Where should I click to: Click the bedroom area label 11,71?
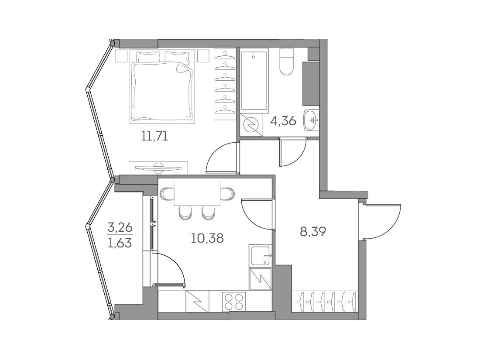154,136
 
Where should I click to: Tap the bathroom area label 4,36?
283,121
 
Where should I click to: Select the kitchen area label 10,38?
207,238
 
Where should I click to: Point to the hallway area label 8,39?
312,232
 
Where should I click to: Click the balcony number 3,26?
120,227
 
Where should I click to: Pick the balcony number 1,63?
120,243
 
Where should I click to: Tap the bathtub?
254,80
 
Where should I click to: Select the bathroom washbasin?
311,120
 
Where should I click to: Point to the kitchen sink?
260,256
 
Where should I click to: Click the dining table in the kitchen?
197,193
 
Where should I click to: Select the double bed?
162,87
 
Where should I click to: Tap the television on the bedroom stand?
158,167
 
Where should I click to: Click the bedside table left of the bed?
122,56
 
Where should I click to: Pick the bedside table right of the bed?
203,56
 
